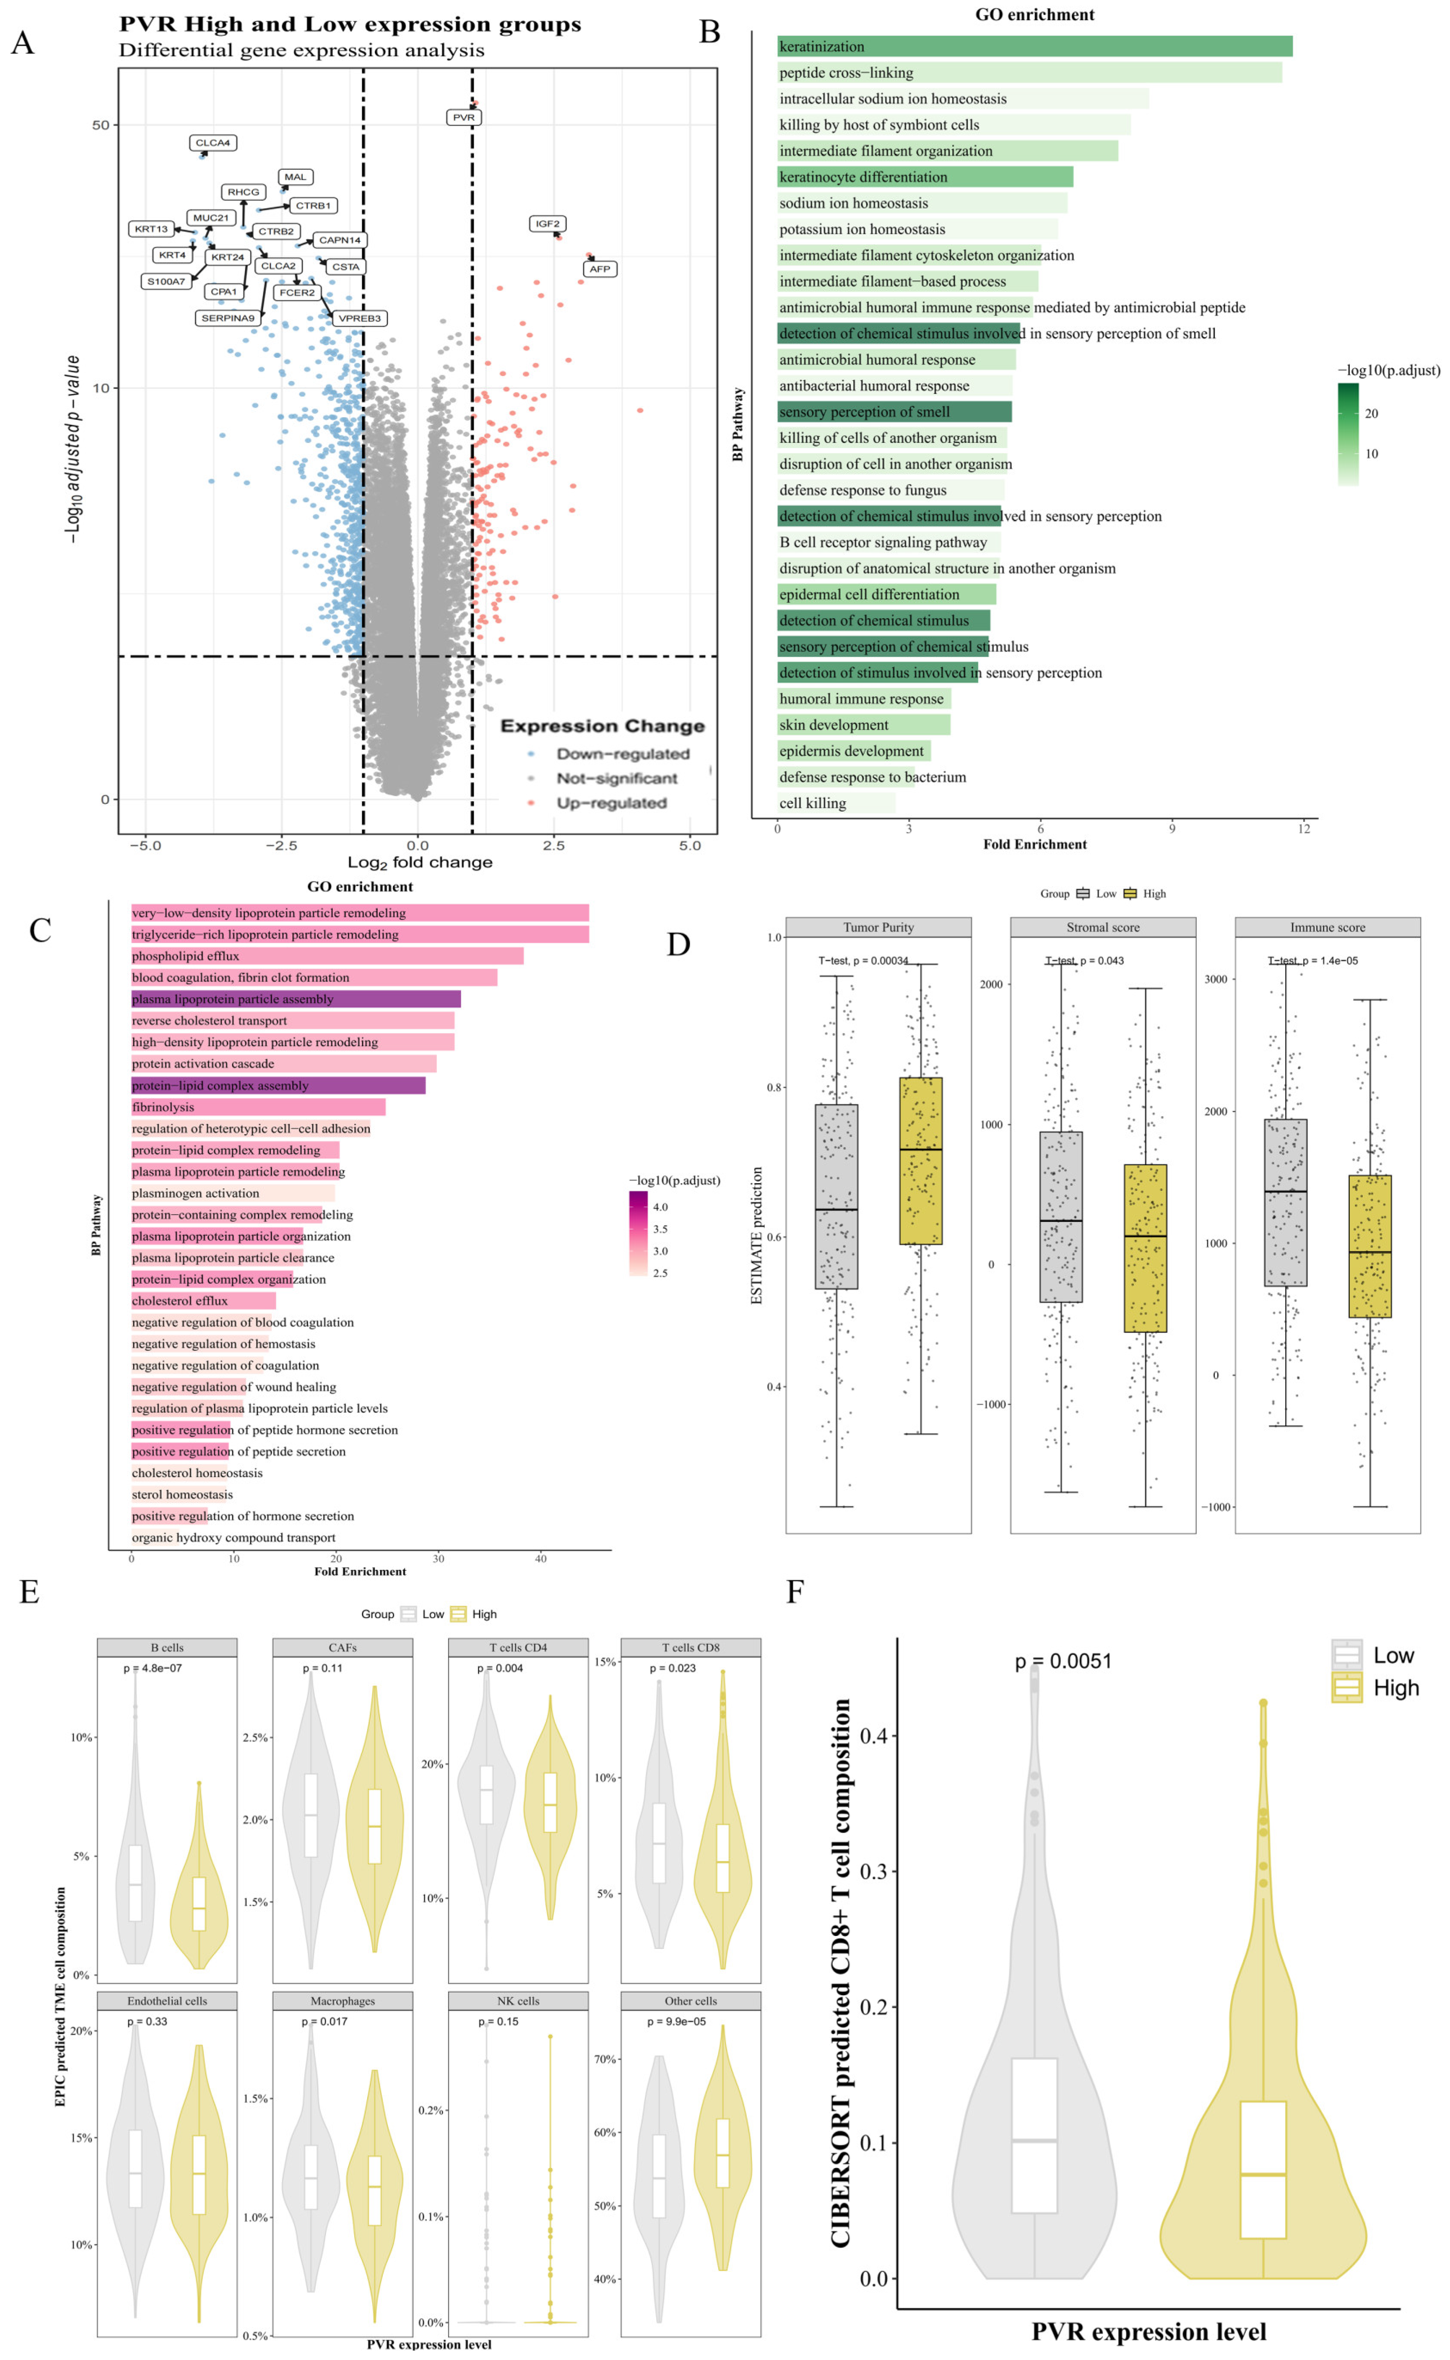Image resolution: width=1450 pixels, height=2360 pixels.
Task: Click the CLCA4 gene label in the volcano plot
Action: pyautogui.click(x=213, y=143)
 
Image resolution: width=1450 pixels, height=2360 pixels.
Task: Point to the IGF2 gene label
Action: pyautogui.click(x=547, y=223)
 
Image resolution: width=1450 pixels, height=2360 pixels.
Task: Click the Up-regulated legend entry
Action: pyautogui.click(x=611, y=803)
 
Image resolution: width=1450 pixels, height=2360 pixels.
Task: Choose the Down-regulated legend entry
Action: pyautogui.click(x=622, y=754)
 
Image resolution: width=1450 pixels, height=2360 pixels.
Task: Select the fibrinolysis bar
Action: pyautogui.click(x=258, y=1107)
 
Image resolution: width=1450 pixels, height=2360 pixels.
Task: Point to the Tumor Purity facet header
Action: pyautogui.click(x=879, y=927)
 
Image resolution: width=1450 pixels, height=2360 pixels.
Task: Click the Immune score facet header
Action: pyautogui.click(x=1327, y=927)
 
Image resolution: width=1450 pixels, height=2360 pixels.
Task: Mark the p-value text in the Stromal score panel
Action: pyautogui.click(x=1084, y=960)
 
